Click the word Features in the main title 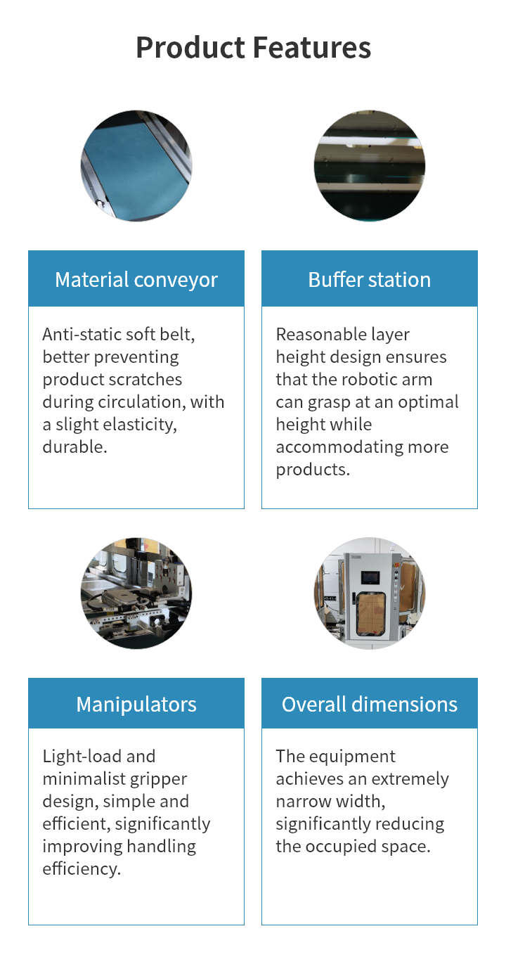pos(312,48)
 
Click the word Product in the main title pos(190,48)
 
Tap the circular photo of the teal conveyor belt pos(136,166)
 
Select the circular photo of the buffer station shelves pos(370,166)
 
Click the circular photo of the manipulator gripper pos(136,593)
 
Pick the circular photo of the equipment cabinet pos(370,593)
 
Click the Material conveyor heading pos(136,280)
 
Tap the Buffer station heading pos(370,280)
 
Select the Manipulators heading pos(136,705)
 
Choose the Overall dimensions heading pos(370,705)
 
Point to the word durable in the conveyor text pos(74,447)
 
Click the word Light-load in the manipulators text pos(82,757)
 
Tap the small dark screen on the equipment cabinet pos(370,577)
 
